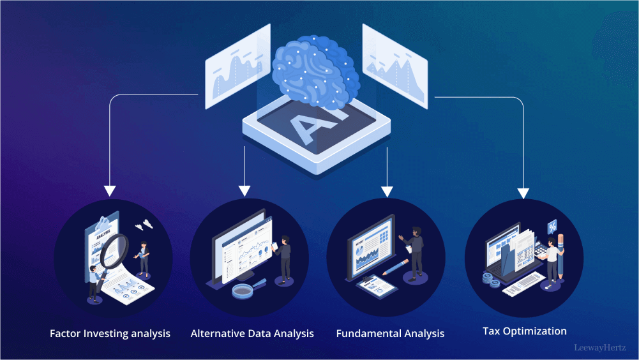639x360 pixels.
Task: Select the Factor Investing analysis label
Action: (x=110, y=333)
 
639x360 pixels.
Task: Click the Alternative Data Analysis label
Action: (x=252, y=333)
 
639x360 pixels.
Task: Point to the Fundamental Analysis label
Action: (x=390, y=333)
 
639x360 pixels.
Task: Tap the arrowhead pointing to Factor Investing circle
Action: (x=110, y=190)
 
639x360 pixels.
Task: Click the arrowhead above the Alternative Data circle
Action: (x=244, y=190)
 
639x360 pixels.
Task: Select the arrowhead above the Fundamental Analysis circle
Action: (x=387, y=190)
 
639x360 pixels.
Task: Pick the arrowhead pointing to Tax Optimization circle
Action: (x=523, y=191)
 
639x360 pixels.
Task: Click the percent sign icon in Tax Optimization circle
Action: (x=552, y=227)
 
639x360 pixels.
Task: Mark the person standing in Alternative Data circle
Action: (x=284, y=258)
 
